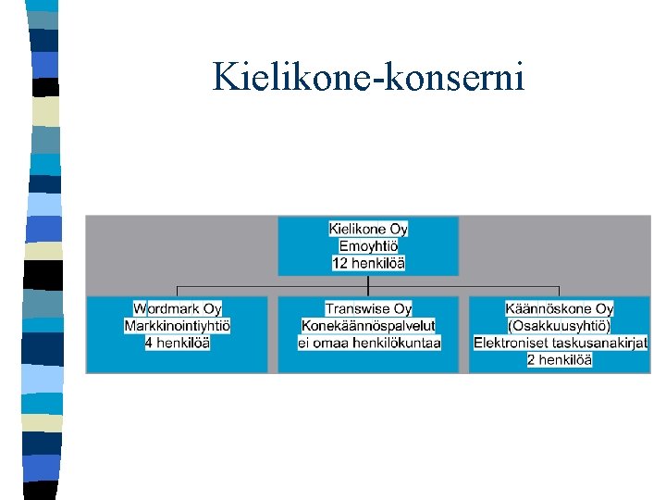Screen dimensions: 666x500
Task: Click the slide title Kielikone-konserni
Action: (x=368, y=76)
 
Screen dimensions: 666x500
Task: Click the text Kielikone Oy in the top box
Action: (x=368, y=229)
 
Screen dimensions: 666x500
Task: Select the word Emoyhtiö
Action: (x=368, y=246)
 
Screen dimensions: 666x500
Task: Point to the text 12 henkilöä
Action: (x=368, y=264)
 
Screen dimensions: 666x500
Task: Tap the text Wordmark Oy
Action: (x=178, y=308)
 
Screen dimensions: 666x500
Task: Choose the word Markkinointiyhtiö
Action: (x=178, y=326)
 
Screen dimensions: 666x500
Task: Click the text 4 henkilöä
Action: (x=178, y=344)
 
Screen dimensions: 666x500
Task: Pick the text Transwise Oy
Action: (x=368, y=308)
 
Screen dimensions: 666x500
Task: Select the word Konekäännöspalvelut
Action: (x=368, y=326)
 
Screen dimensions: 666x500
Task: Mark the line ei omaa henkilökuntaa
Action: (x=368, y=344)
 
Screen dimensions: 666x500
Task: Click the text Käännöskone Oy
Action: (x=560, y=308)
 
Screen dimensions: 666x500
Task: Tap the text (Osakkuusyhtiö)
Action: (x=560, y=326)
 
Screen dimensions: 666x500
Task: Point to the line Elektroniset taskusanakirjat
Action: (x=561, y=344)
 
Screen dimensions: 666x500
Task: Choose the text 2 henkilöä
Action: (x=560, y=360)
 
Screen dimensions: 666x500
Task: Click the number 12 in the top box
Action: (x=339, y=264)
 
